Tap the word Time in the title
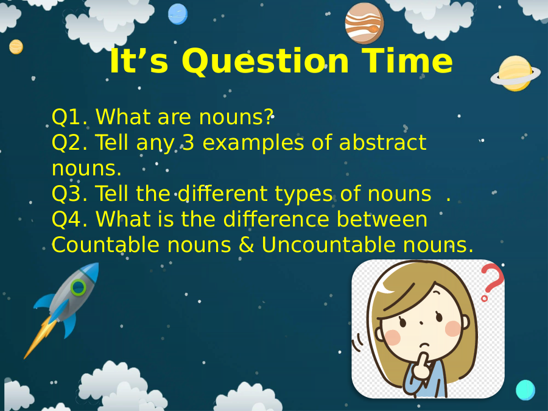point(407,60)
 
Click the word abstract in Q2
point(383,142)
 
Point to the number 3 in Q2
point(188,142)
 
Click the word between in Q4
point(382,219)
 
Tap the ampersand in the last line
point(247,245)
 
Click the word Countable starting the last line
point(105,244)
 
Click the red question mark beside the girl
point(492,283)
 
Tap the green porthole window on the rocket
point(79,287)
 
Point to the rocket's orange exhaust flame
point(40,337)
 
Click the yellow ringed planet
point(515,74)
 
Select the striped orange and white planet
point(364,23)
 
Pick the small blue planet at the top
point(178,14)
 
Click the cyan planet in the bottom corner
point(525,390)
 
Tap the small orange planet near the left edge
point(16,47)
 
